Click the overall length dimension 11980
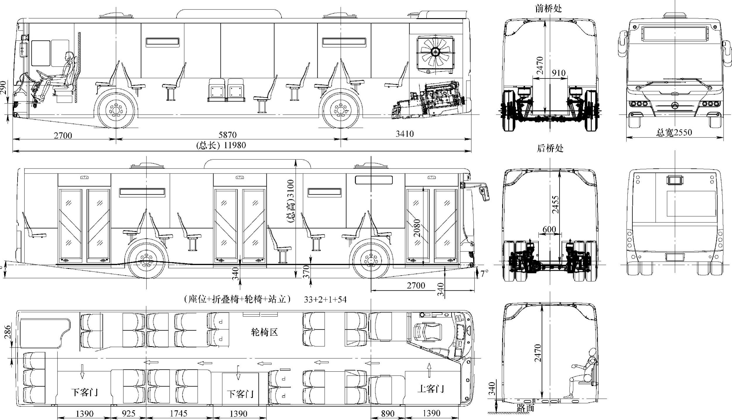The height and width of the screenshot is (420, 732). click(235, 145)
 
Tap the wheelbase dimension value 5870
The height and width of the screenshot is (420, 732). click(228, 135)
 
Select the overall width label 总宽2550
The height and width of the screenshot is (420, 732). click(674, 132)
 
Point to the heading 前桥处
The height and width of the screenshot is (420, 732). click(548, 8)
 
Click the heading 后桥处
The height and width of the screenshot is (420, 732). click(550, 148)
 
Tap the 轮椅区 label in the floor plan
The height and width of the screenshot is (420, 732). click(264, 332)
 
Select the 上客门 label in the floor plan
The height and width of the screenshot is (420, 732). click(431, 389)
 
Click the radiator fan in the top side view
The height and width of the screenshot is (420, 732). click(435, 52)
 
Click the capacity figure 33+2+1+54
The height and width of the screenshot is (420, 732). click(325, 299)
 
